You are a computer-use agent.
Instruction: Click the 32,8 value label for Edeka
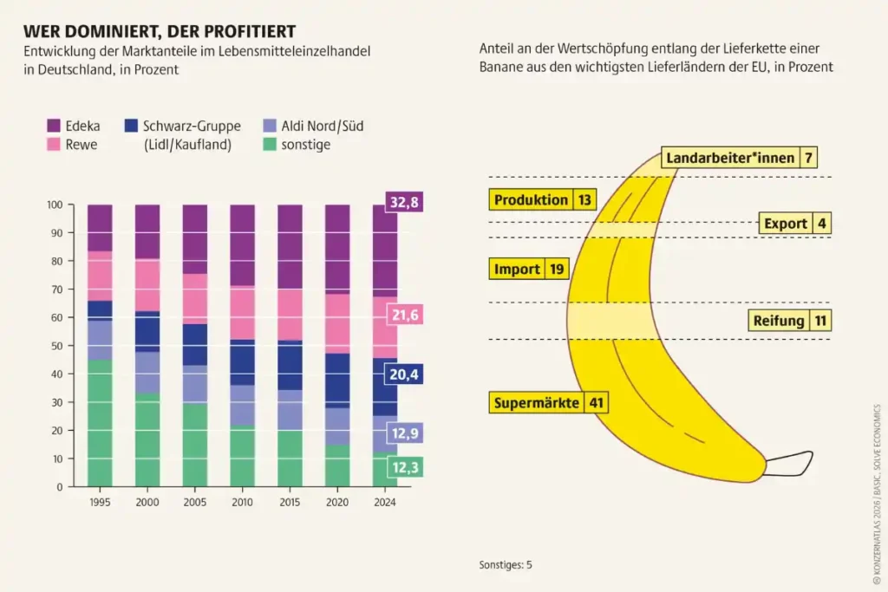coord(402,203)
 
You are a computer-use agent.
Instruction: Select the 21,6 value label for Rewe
coord(404,316)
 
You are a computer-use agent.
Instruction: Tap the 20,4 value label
coord(404,374)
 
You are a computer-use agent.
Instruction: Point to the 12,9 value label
coord(404,432)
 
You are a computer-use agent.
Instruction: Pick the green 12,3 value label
coord(404,468)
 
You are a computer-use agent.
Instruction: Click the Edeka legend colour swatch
coord(53,127)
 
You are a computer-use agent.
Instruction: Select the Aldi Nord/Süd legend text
coord(323,127)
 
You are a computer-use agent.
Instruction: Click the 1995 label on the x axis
coord(100,500)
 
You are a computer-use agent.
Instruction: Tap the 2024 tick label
coord(384,500)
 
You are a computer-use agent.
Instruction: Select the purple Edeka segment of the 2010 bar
coord(242,245)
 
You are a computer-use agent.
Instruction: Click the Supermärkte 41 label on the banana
coord(548,403)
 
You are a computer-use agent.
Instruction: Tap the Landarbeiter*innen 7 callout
coord(739,158)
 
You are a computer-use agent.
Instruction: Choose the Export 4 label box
coord(794,224)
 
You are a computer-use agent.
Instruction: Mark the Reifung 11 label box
coord(789,321)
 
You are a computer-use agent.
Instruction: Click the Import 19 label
coord(529,270)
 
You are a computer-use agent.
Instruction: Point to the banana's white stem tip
coord(791,466)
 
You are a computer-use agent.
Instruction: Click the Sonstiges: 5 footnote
coord(506,564)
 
